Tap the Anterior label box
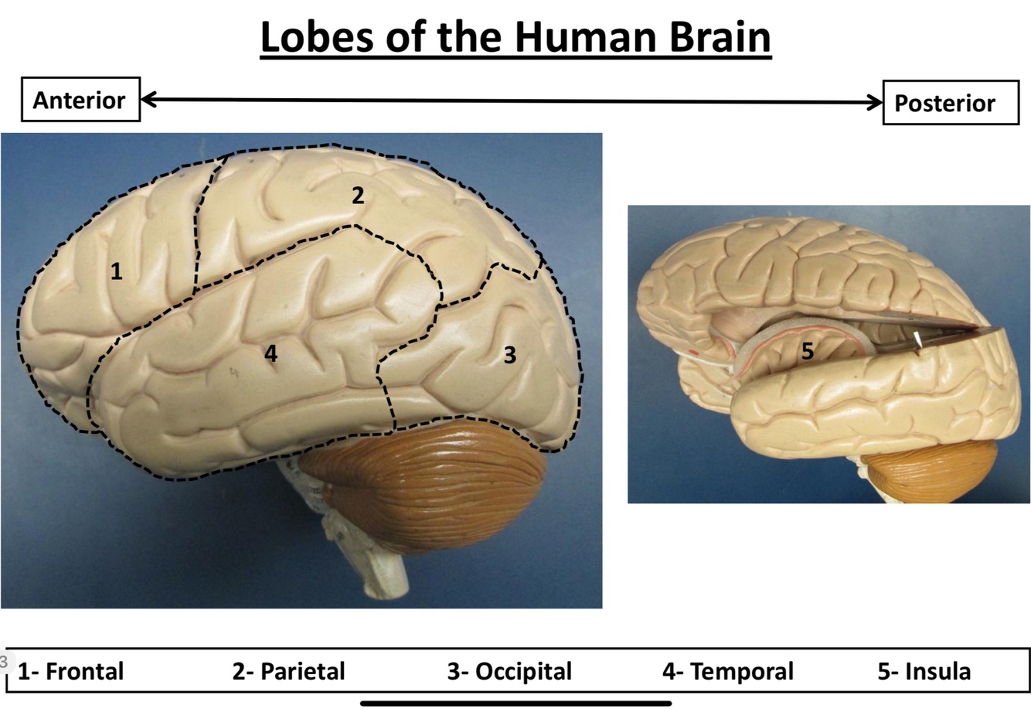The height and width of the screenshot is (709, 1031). pyautogui.click(x=80, y=100)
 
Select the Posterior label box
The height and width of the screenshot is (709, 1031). pyautogui.click(x=950, y=103)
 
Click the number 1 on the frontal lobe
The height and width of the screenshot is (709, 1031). pyautogui.click(x=116, y=271)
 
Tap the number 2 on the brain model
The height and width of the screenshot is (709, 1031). pyautogui.click(x=357, y=196)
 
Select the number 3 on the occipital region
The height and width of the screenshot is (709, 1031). pyautogui.click(x=509, y=355)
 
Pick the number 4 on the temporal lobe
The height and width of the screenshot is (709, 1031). pyautogui.click(x=271, y=353)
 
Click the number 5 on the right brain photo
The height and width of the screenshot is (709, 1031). pyautogui.click(x=807, y=352)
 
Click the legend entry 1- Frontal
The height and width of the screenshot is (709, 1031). pyautogui.click(x=70, y=671)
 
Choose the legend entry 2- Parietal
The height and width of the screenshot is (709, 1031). pyautogui.click(x=288, y=671)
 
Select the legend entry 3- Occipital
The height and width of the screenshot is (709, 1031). pyautogui.click(x=509, y=671)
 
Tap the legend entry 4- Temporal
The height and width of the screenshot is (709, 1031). pyautogui.click(x=727, y=671)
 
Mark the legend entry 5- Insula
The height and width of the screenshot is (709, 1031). pyautogui.click(x=924, y=671)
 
